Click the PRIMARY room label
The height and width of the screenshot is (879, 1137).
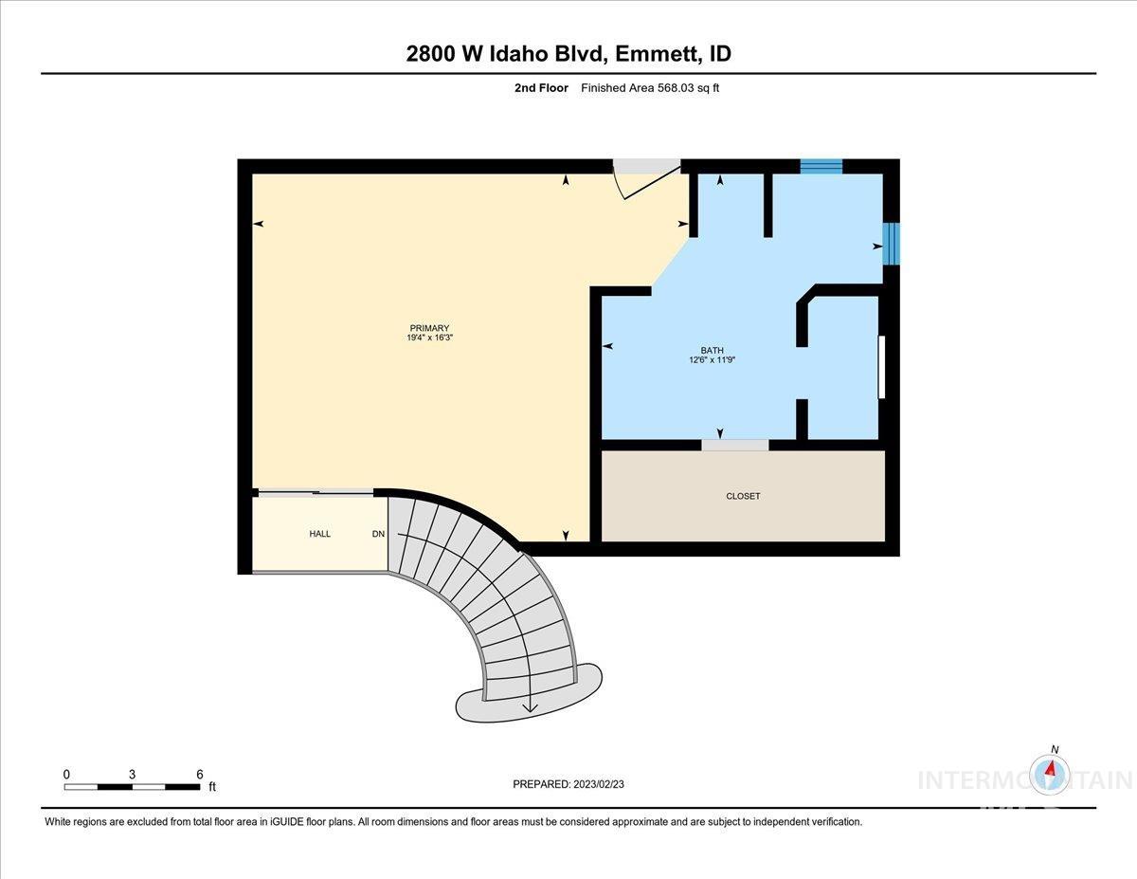coord(429,328)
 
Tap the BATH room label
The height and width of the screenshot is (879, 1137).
coord(712,350)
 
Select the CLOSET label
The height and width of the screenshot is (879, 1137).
coord(743,496)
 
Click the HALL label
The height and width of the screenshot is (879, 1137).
coord(320,534)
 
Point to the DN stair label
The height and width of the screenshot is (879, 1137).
coord(378,534)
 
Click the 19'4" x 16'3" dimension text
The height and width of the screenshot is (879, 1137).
coord(429,339)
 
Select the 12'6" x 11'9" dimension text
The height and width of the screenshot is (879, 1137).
coord(712,360)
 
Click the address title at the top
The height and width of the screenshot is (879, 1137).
coord(568,54)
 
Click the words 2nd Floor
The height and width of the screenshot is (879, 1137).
coord(541,88)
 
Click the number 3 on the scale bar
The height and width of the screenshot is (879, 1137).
coord(132,774)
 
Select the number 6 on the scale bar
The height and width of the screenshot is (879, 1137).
coord(199,774)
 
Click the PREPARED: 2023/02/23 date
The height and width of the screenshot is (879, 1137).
coord(569,784)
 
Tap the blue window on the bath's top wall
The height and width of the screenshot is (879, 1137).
coord(821,167)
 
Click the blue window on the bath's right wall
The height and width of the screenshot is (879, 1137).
coord(891,244)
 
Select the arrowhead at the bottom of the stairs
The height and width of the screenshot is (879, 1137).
coord(529,705)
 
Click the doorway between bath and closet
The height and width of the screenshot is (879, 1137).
coord(734,445)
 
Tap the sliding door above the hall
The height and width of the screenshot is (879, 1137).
coord(316,491)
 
